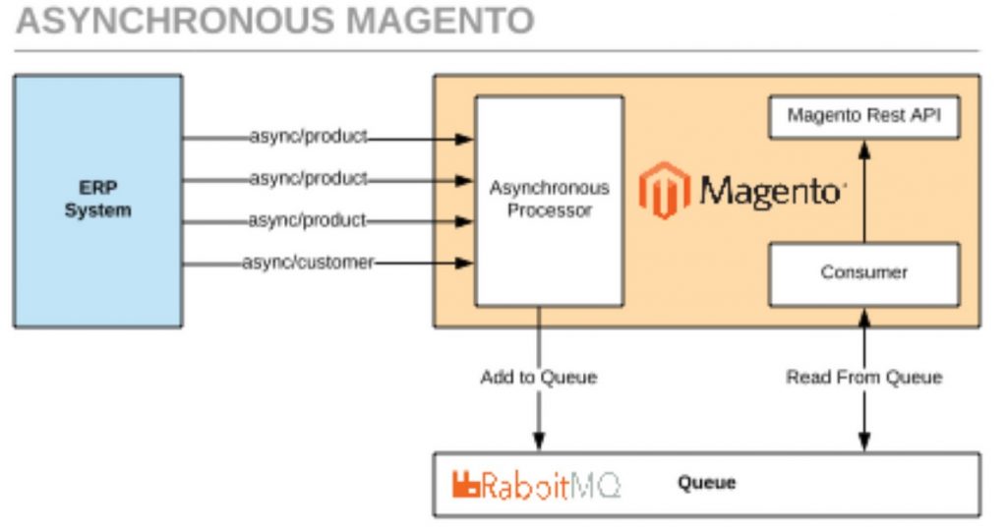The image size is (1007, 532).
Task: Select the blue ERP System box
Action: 97,201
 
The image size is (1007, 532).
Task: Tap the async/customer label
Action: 307,263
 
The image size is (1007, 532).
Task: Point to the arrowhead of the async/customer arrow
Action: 466,263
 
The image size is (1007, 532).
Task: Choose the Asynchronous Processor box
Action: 549,201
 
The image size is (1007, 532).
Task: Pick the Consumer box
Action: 862,272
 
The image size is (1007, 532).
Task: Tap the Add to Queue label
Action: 538,377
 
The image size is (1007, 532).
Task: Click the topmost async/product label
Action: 307,138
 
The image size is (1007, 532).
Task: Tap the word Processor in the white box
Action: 549,209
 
